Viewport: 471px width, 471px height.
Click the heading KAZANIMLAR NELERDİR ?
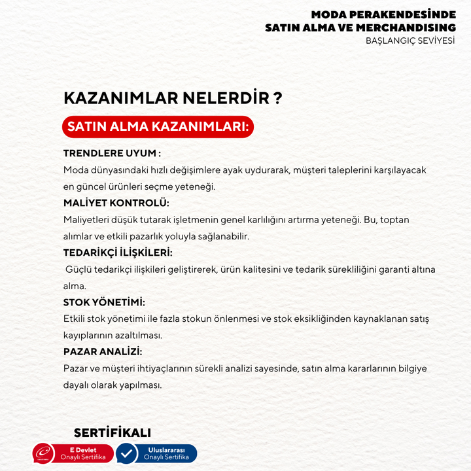coord(173,98)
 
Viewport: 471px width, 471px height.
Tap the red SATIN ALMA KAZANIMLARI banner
coord(158,126)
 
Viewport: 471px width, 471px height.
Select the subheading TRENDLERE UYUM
coord(112,153)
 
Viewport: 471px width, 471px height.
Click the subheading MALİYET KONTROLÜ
coord(116,203)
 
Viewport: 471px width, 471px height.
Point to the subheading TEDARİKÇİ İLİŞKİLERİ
coord(118,253)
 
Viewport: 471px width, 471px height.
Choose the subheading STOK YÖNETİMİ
coord(104,302)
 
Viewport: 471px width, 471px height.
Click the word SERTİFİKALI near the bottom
coord(113,433)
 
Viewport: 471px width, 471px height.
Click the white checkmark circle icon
coord(126,453)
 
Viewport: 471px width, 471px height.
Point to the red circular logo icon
coord(44,453)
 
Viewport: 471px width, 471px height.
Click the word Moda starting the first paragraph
coord(75,170)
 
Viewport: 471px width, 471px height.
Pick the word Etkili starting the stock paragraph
coord(76,319)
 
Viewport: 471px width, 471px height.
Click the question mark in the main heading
coord(278,98)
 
